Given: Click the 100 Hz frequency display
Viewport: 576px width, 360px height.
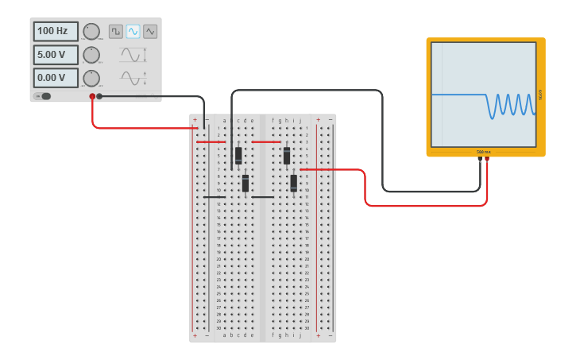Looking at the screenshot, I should (56, 31).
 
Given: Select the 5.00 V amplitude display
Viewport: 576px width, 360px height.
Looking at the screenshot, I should (56, 55).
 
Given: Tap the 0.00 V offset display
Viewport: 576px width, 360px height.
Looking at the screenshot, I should (56, 78).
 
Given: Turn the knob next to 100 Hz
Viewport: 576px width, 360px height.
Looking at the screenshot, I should (91, 31).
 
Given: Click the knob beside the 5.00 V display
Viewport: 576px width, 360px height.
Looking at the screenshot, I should (91, 55).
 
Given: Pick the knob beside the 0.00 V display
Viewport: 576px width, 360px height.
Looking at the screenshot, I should (91, 78).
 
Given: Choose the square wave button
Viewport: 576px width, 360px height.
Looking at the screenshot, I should (116, 31).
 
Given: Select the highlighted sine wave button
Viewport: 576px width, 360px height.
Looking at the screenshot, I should (133, 31).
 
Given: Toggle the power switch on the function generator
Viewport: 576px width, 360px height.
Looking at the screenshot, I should (44, 96).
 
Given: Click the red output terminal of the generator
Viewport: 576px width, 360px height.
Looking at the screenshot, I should (92, 96).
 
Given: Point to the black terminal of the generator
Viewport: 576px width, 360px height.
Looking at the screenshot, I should (99, 96).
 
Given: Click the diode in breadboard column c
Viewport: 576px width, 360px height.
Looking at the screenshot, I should (238, 155).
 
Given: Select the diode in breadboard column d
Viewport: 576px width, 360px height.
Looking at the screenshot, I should (245, 184).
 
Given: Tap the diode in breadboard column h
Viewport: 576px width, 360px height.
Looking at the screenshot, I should (287, 156).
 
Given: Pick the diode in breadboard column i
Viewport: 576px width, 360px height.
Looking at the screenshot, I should (294, 183).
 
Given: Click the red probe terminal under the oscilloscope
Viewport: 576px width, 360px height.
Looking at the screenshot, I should (487, 159).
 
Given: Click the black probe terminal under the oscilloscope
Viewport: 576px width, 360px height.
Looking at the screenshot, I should (480, 159).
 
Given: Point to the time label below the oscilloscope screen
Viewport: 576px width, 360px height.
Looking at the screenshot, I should (484, 151).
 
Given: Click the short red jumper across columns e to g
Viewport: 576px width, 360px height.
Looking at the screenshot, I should (266, 142).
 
